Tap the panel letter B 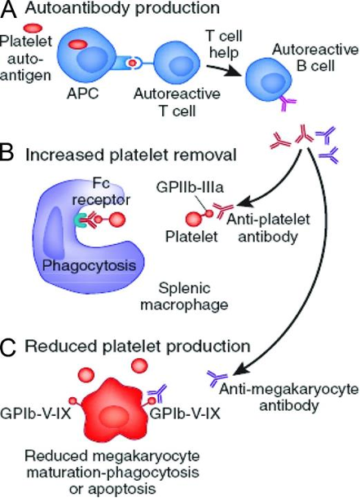pyautogui.click(x=10, y=152)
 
